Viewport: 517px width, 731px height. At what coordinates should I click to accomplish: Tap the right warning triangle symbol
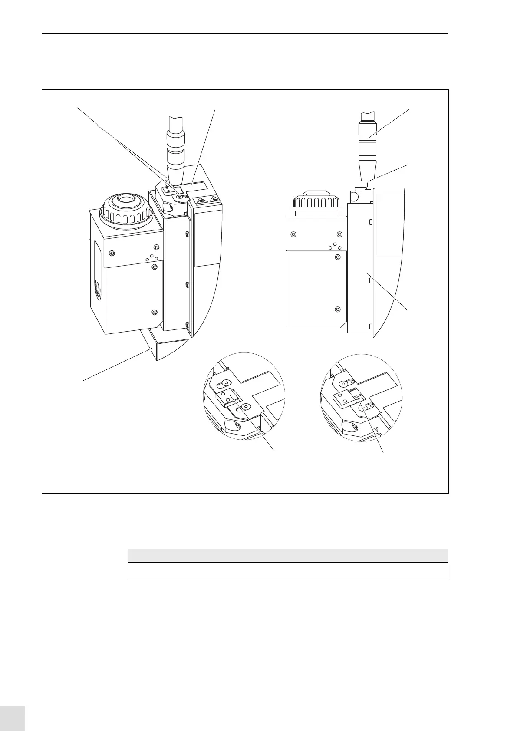[214, 200]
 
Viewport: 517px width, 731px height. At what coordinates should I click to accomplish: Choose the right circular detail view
[361, 396]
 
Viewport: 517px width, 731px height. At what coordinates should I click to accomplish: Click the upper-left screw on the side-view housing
[294, 234]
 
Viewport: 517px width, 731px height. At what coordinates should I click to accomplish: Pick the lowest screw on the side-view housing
[338, 310]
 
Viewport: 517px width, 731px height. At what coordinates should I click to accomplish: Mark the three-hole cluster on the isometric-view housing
[151, 258]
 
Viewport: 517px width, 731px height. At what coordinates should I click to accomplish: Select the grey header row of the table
[287, 556]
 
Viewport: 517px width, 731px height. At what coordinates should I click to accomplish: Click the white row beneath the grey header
[287, 570]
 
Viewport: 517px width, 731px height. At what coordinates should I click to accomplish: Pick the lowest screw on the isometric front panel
[153, 312]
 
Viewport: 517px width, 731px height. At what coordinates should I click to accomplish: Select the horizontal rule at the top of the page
[244, 33]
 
